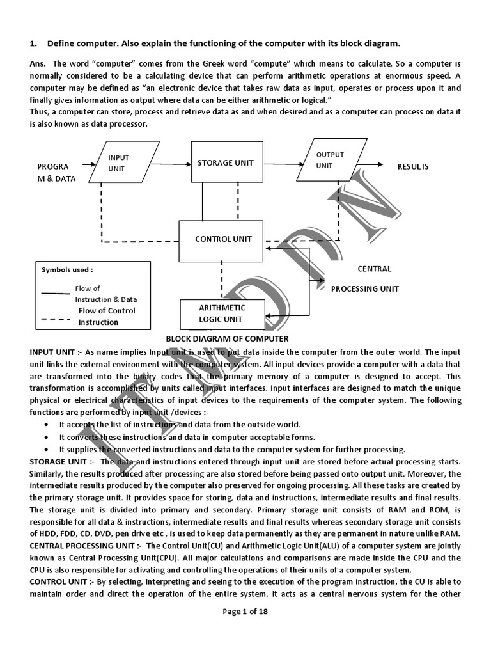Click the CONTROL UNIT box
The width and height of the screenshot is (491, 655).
tap(223, 239)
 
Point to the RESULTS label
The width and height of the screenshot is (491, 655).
tap(413, 166)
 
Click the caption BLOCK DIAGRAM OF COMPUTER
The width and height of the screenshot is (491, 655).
tap(227, 338)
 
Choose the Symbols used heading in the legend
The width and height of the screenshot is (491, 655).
tap(67, 270)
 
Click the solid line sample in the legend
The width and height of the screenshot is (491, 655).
tap(55, 294)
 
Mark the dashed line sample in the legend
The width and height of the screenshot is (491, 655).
tap(55, 317)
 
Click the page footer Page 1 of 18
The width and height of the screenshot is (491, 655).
tap(245, 612)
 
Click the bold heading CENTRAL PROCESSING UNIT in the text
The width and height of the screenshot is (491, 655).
tap(86, 546)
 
